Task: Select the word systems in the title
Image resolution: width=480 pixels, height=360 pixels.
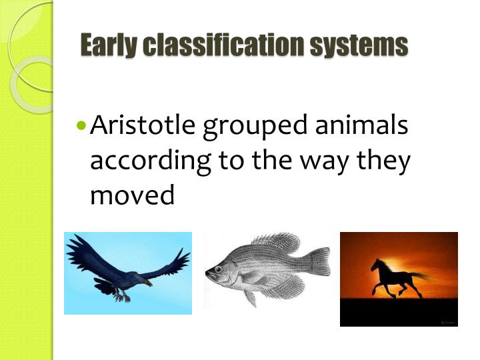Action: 367,45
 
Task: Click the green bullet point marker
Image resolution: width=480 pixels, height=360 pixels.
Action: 81,125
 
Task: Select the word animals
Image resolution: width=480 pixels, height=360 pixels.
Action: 369,126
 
